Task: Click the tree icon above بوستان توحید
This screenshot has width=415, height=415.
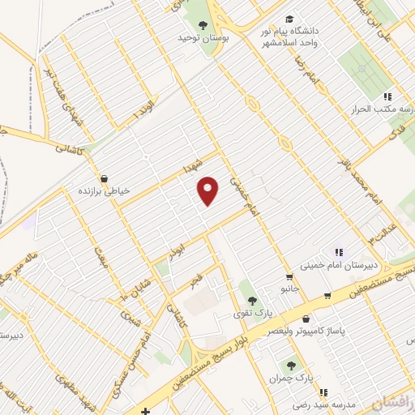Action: pos(203,25)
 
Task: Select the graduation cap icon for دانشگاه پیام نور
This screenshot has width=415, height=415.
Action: pos(289,19)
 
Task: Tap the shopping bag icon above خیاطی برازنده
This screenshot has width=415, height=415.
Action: pos(104,178)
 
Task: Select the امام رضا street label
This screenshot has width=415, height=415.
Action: pos(306,72)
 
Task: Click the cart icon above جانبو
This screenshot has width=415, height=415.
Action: pos(289,276)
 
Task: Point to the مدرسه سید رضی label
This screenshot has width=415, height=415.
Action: pos(298,404)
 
